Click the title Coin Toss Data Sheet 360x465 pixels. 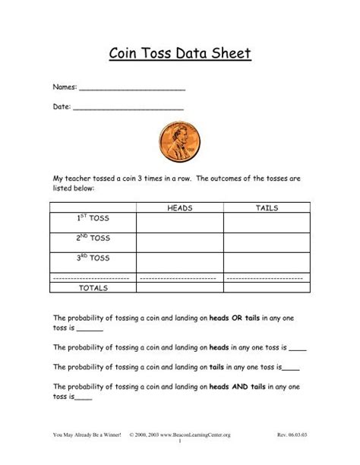tap(180, 55)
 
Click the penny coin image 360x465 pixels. tap(180, 142)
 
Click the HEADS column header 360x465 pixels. tap(179, 207)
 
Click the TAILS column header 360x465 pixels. tap(267, 207)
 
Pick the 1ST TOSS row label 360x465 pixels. tap(93, 219)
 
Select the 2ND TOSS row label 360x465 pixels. tap(93, 238)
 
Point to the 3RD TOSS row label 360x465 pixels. tap(93, 258)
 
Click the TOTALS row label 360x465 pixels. tap(93, 289)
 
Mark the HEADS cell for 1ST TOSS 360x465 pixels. tap(179, 222)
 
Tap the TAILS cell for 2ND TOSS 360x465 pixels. tap(267, 242)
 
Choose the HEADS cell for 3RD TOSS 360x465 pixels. tap(179, 262)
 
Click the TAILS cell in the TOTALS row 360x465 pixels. tap(267, 289)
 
